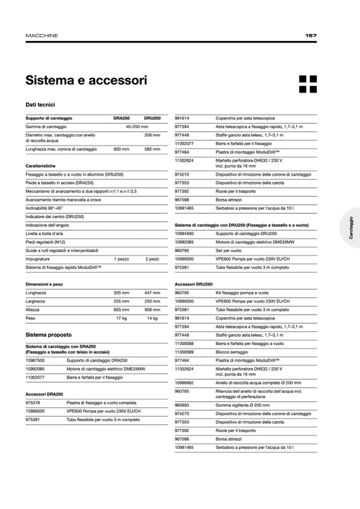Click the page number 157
[x=311, y=36]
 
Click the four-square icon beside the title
[x=308, y=84]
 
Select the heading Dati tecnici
[x=40, y=105]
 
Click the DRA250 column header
[x=122, y=118]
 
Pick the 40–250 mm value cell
[x=136, y=127]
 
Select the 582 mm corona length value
[x=152, y=150]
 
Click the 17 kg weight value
[x=122, y=318]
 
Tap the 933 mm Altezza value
[x=121, y=309]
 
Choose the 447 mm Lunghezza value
[x=152, y=292]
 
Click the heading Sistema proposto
[x=48, y=335]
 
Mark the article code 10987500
[x=35, y=360]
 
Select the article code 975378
[x=33, y=402]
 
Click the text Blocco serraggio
[x=232, y=352]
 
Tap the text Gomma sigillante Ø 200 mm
[x=243, y=405]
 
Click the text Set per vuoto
[x=228, y=251]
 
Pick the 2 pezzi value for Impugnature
[x=152, y=259]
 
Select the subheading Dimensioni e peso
[x=44, y=284]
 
